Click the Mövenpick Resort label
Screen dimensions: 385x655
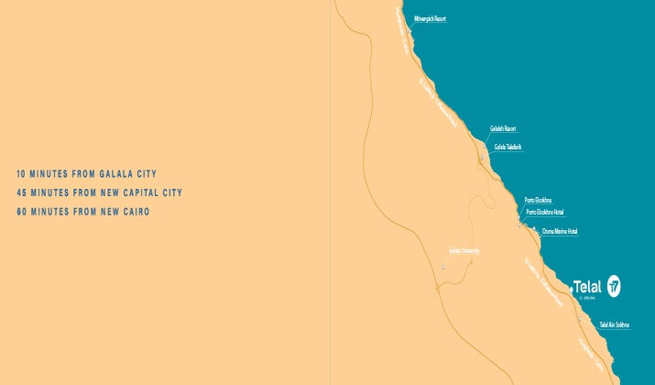[x=430, y=18]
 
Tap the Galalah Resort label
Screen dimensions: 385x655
[x=503, y=129]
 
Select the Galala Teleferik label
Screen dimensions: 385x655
[x=508, y=147]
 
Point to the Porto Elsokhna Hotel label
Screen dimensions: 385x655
[x=545, y=212]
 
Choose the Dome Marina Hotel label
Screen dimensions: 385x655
[x=560, y=231]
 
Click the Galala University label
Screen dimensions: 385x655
[x=464, y=250]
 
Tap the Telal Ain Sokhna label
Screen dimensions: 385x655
[x=614, y=324]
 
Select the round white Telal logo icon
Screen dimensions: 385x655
[x=614, y=286]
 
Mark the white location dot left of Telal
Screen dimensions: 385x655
[x=571, y=288]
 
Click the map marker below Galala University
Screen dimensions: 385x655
[x=442, y=267]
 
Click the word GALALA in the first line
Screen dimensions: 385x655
[x=114, y=173]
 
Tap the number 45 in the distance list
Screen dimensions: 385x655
[x=22, y=192]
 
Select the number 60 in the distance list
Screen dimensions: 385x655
[x=22, y=212]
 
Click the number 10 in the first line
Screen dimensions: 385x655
[x=22, y=173]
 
